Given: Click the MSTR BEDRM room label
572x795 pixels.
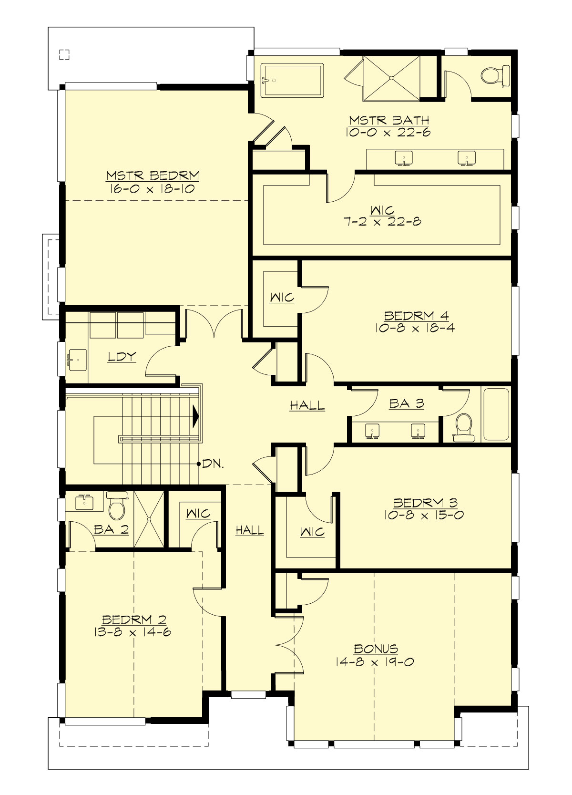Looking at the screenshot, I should point(153,176).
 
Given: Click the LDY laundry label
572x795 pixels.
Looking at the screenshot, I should point(122,357).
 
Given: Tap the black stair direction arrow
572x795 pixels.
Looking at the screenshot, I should point(195,416).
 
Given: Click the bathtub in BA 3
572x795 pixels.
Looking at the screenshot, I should point(496,414).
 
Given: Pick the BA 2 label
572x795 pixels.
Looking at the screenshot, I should point(111,529).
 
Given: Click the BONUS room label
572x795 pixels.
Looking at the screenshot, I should point(376,649).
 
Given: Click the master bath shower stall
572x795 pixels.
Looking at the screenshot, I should point(392,78).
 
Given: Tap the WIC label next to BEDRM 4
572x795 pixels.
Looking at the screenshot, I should point(282,298).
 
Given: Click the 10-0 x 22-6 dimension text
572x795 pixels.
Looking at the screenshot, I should point(388,132).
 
